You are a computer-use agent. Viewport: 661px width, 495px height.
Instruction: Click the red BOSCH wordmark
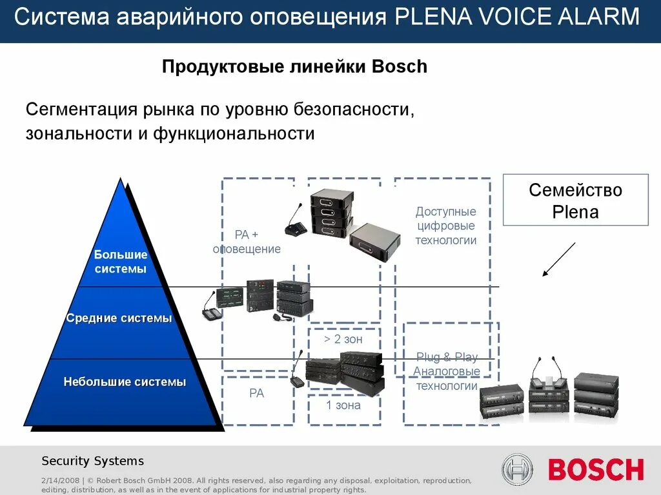596,469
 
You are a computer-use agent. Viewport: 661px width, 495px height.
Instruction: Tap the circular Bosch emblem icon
518,469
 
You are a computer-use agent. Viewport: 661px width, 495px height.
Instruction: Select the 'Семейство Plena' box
575,200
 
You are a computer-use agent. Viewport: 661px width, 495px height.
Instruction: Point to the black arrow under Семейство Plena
558,260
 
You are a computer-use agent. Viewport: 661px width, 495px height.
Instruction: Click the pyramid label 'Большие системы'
121,262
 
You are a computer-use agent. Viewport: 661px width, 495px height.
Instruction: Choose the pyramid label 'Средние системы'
119,318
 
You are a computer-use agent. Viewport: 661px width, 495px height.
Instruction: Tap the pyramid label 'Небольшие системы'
125,382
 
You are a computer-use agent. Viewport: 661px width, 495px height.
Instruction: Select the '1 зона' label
343,405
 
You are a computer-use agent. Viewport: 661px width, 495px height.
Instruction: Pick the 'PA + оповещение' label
247,242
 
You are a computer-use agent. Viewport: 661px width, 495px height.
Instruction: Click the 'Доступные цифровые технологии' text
446,226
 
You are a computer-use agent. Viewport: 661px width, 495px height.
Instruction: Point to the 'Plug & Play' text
447,357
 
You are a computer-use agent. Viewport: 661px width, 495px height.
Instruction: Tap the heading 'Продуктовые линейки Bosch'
294,66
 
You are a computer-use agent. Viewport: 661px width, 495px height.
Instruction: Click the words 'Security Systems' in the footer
93,461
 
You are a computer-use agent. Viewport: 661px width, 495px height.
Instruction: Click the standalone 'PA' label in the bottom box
256,393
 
